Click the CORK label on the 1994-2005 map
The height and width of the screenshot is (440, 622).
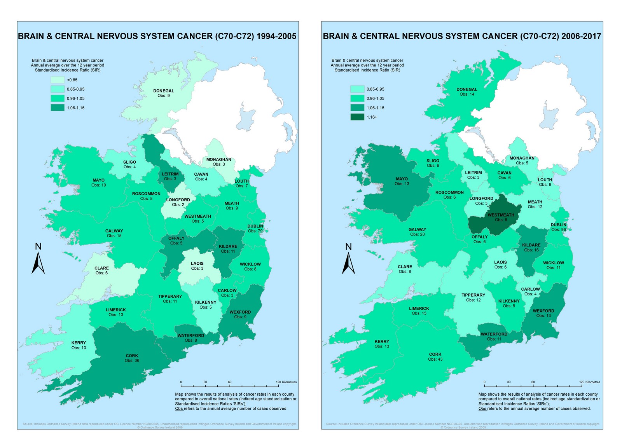click(x=132, y=356)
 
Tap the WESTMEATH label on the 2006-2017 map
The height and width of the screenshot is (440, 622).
click(x=501, y=215)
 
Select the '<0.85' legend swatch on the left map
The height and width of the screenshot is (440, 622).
click(x=57, y=80)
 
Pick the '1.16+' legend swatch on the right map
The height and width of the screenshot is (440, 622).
click(x=357, y=117)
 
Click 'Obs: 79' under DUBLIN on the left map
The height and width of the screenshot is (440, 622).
click(x=255, y=231)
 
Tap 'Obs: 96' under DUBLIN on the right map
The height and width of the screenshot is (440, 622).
click(x=558, y=230)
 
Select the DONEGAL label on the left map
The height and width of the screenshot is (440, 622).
click(x=163, y=91)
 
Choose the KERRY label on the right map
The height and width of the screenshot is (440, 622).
click(x=382, y=341)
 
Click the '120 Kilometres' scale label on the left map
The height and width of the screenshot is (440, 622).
click(x=286, y=382)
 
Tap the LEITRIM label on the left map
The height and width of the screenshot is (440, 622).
click(x=170, y=174)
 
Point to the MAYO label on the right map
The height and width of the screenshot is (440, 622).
click(x=402, y=179)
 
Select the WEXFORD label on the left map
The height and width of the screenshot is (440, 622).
click(x=240, y=312)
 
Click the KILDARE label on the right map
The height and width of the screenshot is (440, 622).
click(x=531, y=245)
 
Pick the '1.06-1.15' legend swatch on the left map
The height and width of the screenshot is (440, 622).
click(x=57, y=108)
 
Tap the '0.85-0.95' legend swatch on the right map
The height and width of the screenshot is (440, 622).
click(x=357, y=89)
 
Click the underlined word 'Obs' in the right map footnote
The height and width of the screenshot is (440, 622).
click(x=482, y=409)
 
